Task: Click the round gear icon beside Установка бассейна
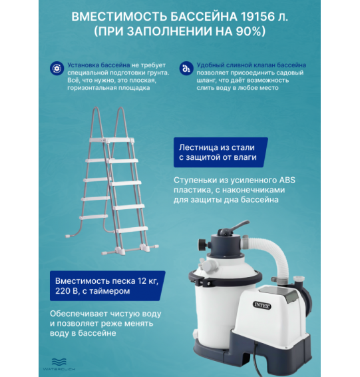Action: (x=56, y=69)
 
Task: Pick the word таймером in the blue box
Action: (x=110, y=290)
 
